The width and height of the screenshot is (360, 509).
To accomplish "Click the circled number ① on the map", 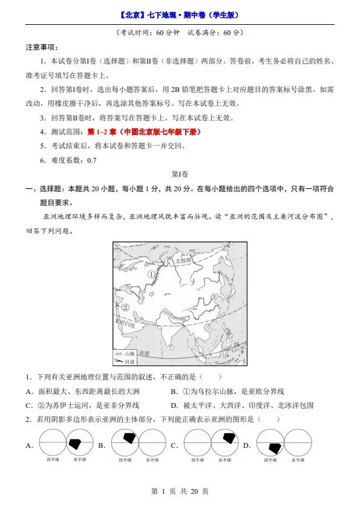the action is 151,275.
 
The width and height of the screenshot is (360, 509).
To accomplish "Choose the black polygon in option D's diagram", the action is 275,447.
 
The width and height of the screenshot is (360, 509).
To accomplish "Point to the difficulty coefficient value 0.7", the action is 91,160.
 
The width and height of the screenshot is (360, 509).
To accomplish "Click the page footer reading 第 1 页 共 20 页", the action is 180,491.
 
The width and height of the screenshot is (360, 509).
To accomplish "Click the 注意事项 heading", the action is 41,47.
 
